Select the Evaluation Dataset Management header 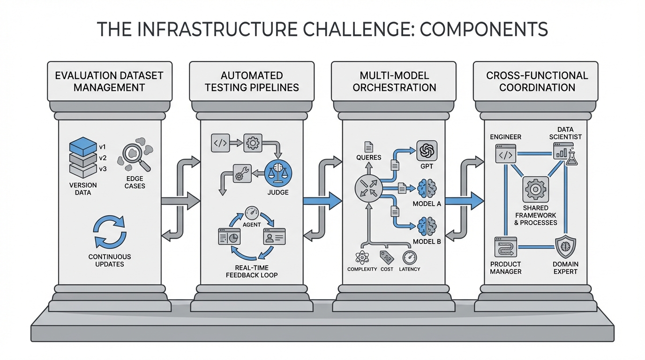pos(109,81)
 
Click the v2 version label pos(103,157)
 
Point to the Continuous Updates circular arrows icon pos(110,232)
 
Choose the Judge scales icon pos(278,172)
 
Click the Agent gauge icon pos(252,212)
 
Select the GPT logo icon pos(427,151)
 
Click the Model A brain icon pos(427,188)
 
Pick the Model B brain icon pos(427,225)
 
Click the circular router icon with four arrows pos(369,189)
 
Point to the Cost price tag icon pos(386,257)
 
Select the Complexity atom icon pos(362,257)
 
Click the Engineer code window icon pos(506,154)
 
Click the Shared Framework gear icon pos(535,189)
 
